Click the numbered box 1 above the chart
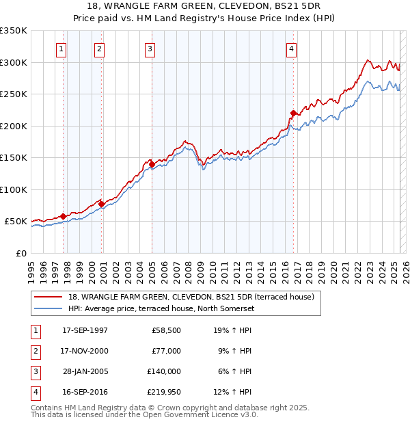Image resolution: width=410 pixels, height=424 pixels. [61, 49]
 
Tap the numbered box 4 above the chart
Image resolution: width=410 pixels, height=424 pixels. [291, 49]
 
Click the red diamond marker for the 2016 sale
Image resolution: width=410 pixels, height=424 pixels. [293, 113]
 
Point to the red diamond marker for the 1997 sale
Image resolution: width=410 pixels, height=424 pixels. [64, 216]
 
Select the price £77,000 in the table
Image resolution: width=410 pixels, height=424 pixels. [167, 351]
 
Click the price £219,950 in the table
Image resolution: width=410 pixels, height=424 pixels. [164, 392]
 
